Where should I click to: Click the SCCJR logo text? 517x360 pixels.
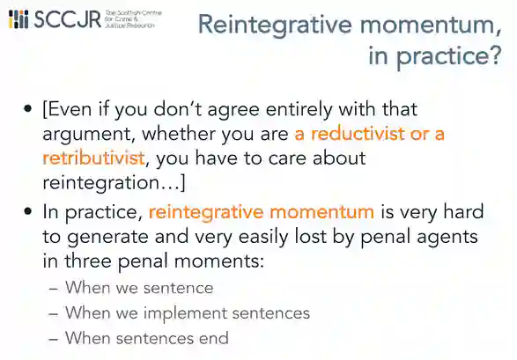coord(68,19)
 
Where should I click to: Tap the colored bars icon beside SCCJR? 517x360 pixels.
coord(18,19)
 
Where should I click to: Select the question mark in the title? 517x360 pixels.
coord(494,55)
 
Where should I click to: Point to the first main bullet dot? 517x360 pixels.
coord(28,108)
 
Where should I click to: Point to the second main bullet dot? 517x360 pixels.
coord(28,211)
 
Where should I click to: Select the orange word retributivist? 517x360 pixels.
coord(93,158)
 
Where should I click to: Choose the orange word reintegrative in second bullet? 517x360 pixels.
coord(206,213)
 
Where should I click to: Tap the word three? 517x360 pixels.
coord(88,261)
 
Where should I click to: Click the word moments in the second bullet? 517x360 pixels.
coord(219,261)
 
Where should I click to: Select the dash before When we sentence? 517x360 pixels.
coord(54,289)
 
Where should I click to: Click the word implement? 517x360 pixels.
coord(185,313)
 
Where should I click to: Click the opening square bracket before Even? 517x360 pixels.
coord(45,110)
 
